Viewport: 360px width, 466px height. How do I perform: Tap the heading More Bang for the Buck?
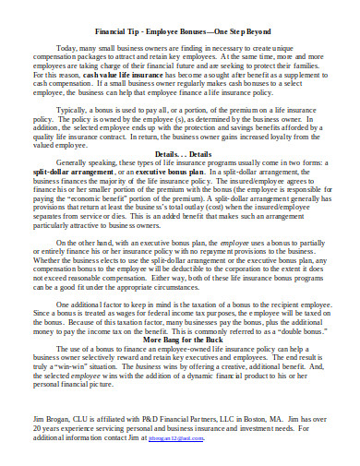(181, 340)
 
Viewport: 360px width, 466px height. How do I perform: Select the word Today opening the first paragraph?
(67, 46)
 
